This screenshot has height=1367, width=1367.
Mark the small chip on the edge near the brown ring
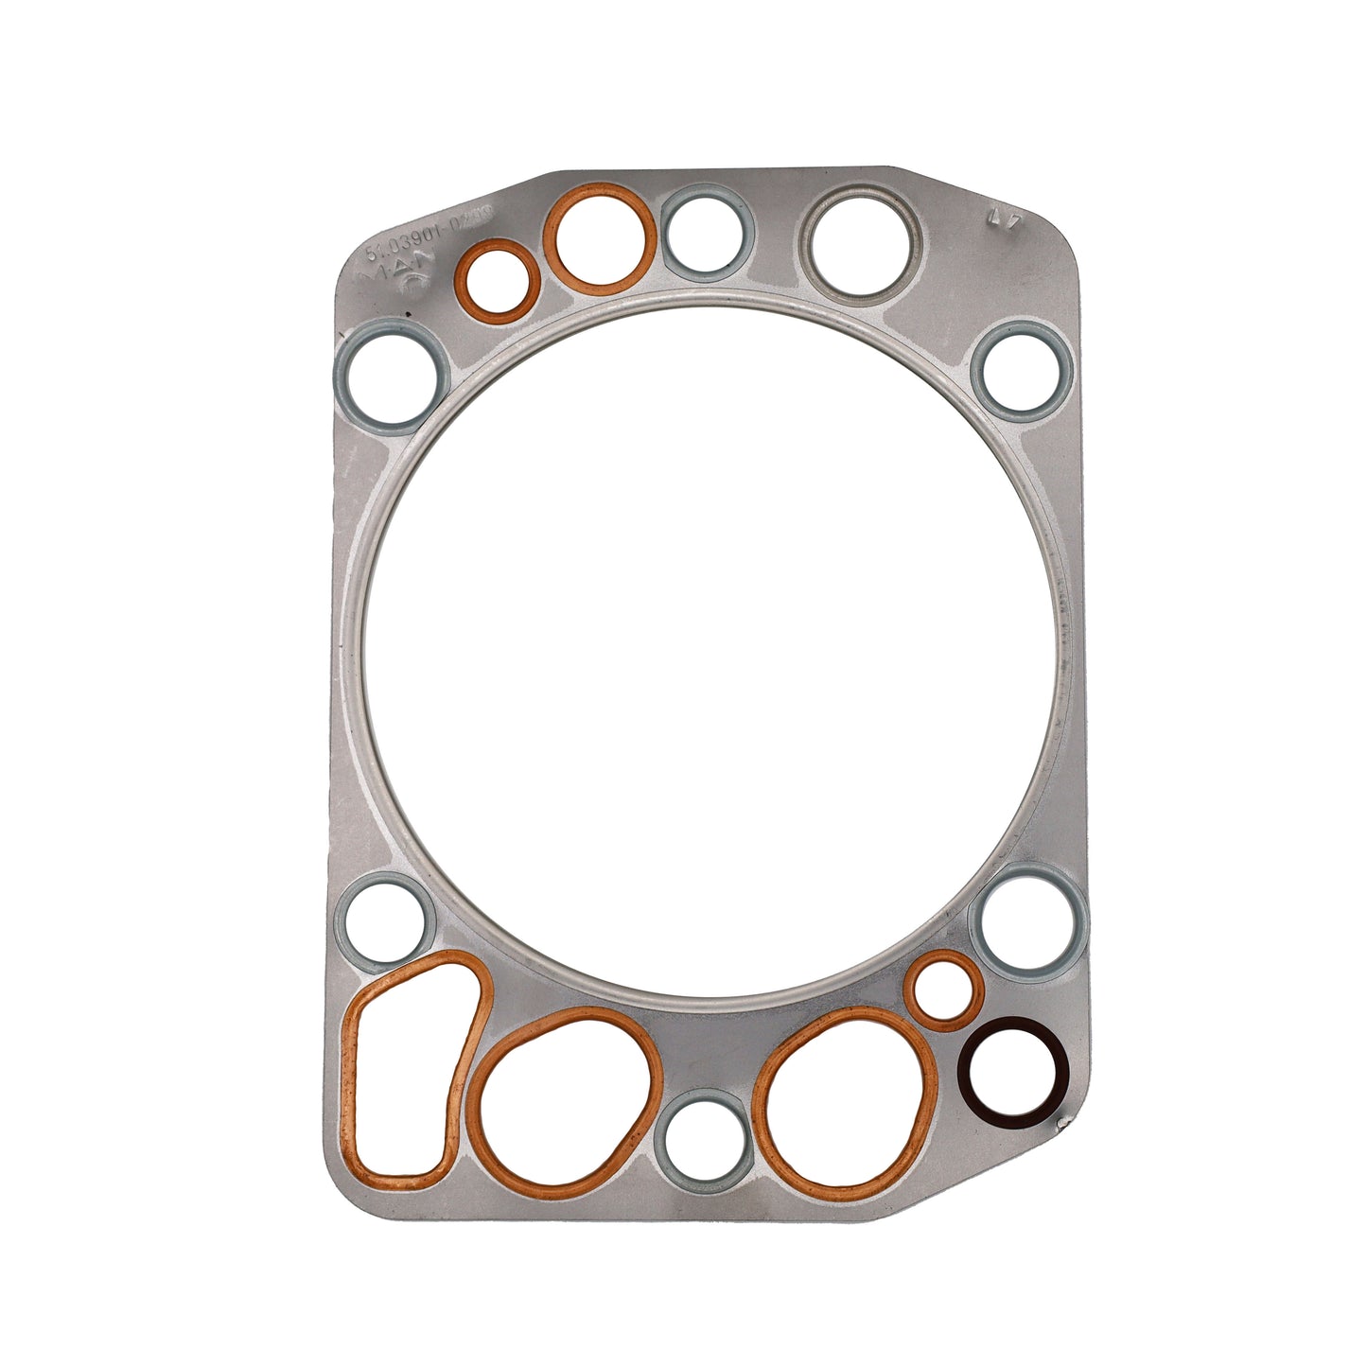[1062, 1123]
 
